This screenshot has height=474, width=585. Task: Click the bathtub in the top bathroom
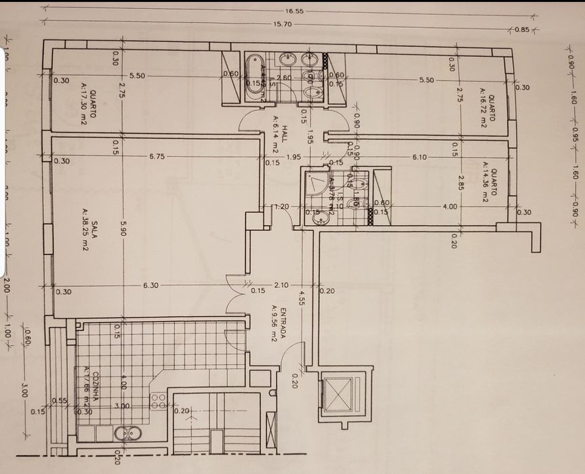255,77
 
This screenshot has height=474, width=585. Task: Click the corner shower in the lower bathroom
315,182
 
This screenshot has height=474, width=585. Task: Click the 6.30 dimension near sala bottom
150,285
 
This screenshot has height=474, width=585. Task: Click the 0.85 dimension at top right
521,29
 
